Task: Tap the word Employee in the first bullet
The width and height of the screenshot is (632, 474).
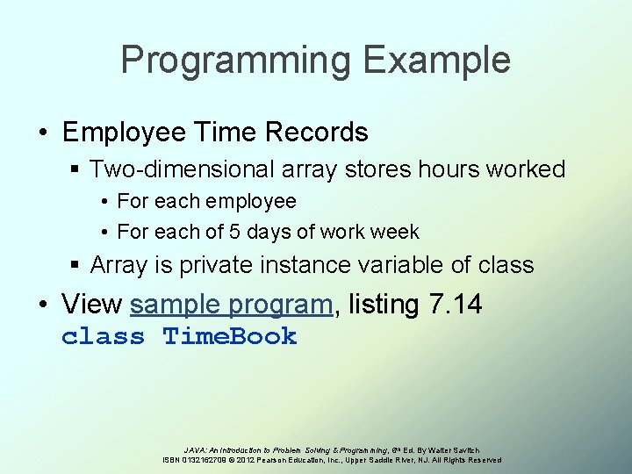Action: coord(124,133)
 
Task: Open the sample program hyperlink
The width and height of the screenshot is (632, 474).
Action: coord(232,305)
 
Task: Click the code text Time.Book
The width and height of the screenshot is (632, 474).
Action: coord(231,336)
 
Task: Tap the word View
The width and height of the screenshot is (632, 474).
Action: coord(92,305)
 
